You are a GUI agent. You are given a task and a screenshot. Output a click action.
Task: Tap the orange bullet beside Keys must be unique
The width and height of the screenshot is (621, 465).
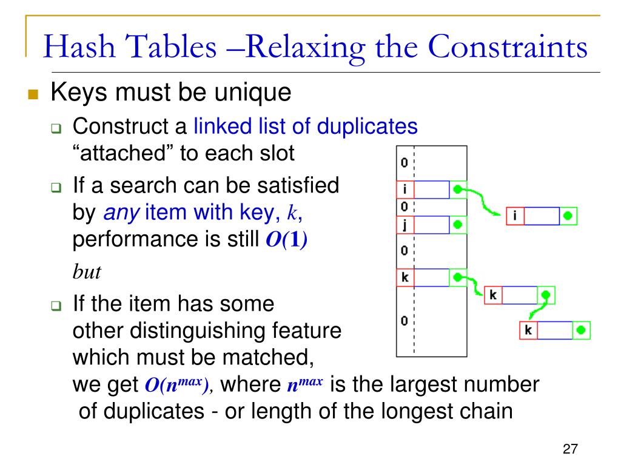pyautogui.click(x=33, y=95)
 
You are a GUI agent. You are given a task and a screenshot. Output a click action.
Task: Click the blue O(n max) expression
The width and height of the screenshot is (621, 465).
pyautogui.click(x=176, y=384)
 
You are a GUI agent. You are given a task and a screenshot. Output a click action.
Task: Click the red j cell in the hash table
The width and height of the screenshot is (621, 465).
pyautogui.click(x=404, y=225)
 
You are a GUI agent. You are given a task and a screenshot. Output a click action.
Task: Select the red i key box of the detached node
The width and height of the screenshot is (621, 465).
pyautogui.click(x=515, y=216)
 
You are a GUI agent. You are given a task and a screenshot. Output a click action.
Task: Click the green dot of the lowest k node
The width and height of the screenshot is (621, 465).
pyautogui.click(x=582, y=331)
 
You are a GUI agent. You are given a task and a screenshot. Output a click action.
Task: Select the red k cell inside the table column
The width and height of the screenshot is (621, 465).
pyautogui.click(x=404, y=278)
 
